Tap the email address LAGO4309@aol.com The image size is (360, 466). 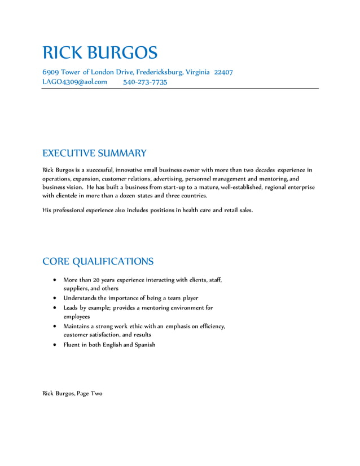74,82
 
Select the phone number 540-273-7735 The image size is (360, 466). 145,82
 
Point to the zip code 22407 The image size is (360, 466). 223,72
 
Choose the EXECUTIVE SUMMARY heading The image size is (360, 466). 94,153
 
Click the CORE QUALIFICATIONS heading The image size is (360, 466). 98,262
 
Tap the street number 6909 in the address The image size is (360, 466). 50,72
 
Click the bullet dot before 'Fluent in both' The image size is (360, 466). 54,345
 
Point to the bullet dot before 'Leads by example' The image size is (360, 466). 54,308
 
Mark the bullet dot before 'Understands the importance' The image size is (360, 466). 54,298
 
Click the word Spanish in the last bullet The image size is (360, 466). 144,345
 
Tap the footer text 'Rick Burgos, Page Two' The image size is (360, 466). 72,393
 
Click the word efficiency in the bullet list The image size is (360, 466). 212,326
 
